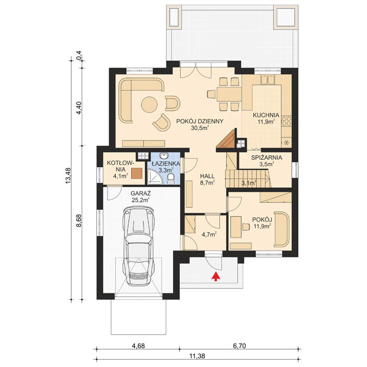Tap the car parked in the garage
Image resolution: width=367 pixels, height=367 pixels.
139,244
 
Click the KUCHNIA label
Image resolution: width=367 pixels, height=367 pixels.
266,116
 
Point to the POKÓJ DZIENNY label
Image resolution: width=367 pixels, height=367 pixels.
200,121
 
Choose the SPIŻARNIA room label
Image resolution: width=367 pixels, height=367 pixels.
267,157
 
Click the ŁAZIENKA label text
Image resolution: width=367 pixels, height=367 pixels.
165,164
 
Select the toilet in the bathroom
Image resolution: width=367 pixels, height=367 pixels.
171,180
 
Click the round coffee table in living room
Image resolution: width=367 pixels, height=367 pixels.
149,104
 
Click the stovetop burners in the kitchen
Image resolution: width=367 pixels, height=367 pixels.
287,122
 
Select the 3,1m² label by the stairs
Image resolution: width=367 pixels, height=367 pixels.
249,183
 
